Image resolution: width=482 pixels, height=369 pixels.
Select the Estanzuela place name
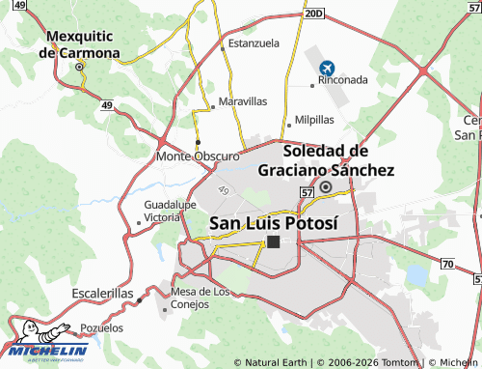[254, 43]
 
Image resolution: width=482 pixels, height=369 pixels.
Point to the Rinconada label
[343, 81]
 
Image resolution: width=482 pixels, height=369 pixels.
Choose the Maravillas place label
[243, 100]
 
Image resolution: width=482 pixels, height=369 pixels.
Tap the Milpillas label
[313, 120]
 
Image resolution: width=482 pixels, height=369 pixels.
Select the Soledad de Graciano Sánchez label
[326, 159]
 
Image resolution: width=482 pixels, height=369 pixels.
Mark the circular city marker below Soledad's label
[326, 186]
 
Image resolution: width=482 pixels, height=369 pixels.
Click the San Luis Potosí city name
[274, 222]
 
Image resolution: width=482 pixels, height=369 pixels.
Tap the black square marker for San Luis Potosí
[274, 241]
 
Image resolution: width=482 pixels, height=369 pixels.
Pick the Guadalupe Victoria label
[171, 212]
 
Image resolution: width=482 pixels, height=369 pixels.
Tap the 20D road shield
[311, 14]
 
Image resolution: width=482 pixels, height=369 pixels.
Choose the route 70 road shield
[447, 263]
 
